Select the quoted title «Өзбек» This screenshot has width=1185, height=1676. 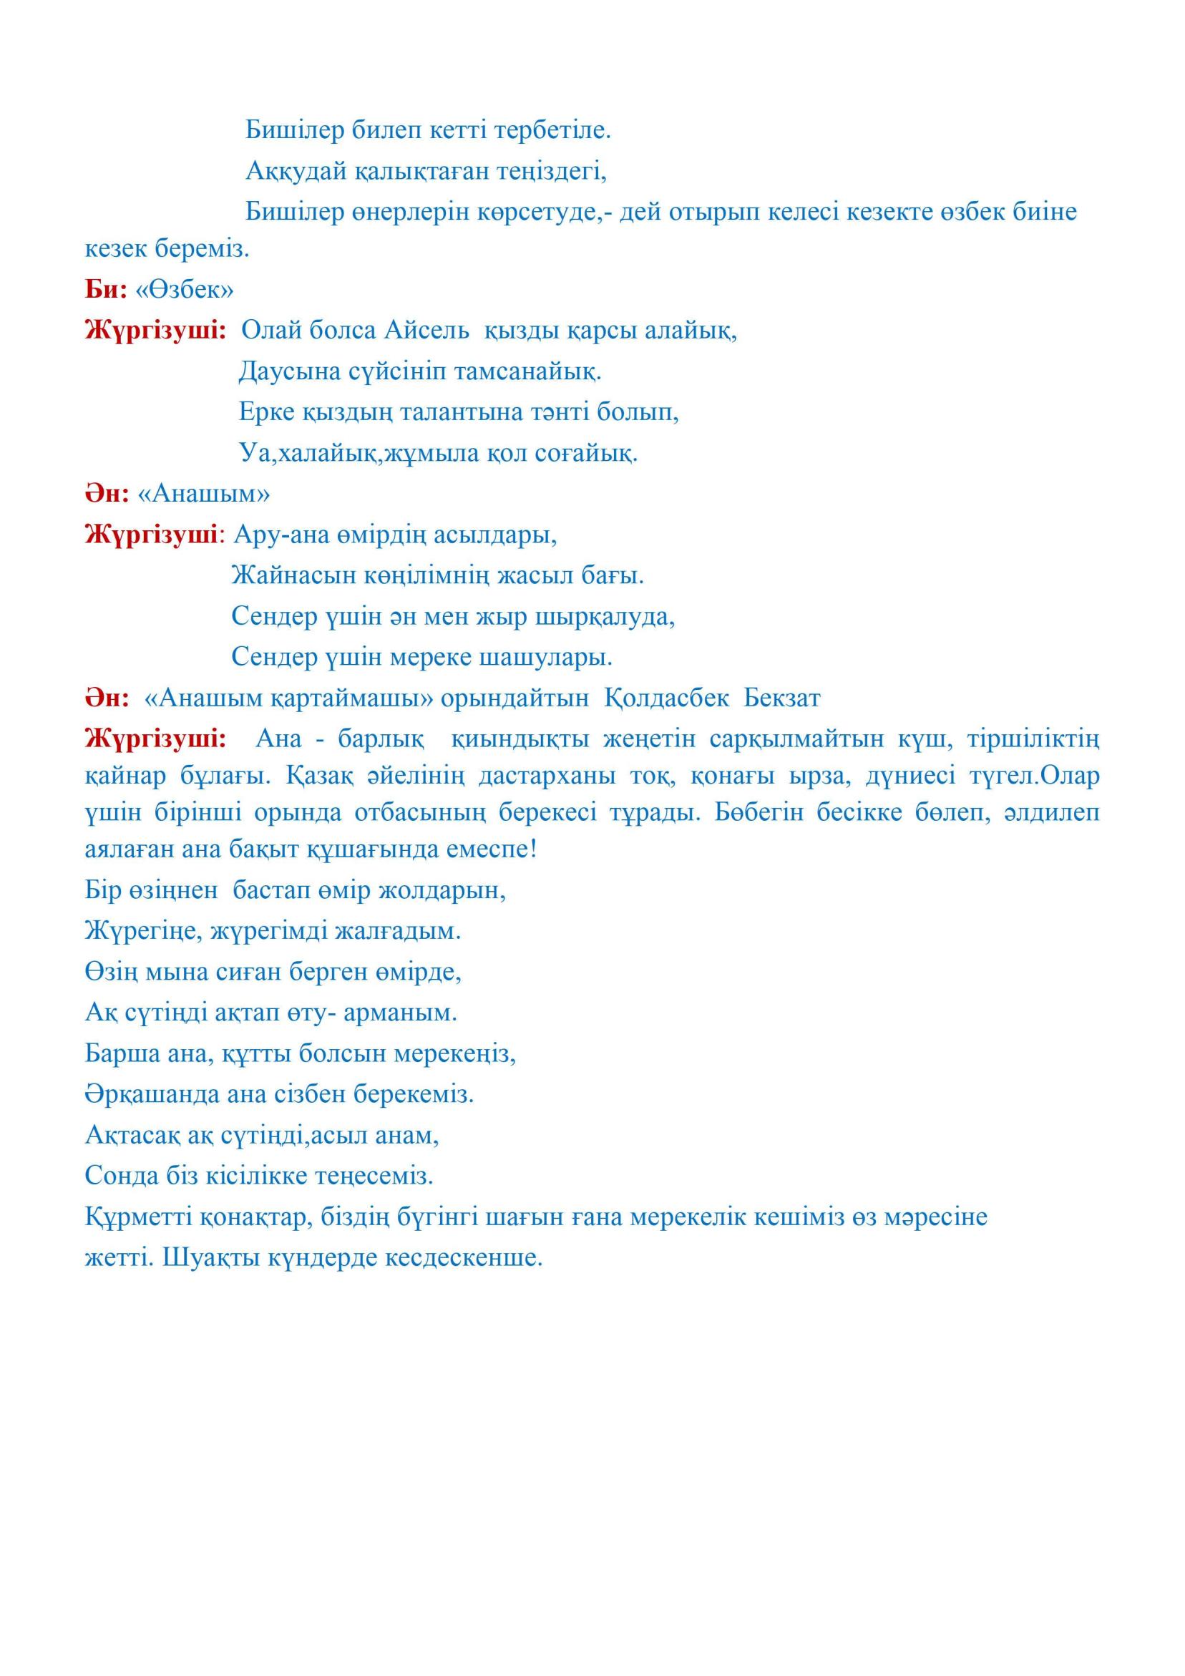click(185, 291)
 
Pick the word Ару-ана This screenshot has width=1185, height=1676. click(281, 536)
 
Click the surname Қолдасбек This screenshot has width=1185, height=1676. click(667, 698)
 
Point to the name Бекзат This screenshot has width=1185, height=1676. click(782, 698)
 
